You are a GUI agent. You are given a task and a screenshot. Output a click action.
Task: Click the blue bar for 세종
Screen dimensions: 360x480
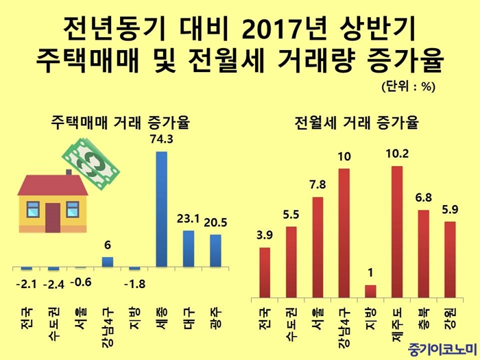162,208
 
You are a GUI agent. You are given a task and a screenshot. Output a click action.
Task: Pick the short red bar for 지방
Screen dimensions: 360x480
370,292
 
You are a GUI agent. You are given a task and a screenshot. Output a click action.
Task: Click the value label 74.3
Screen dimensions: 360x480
162,139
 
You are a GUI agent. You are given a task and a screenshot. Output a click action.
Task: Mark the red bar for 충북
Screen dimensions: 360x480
423,254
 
